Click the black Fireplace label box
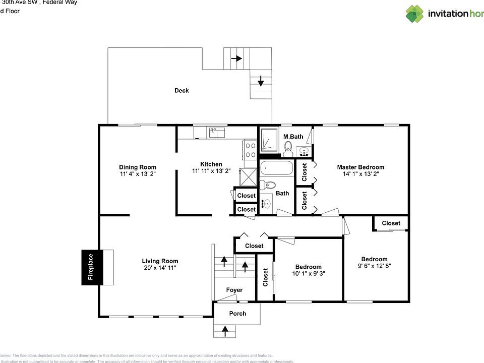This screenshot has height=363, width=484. (x=91, y=267)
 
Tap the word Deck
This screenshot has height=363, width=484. (x=181, y=91)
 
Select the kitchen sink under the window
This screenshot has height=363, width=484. (x=217, y=133)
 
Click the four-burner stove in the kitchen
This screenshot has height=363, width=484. (x=251, y=150)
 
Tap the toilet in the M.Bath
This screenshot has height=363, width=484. (x=288, y=146)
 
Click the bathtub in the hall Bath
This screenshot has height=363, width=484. (x=276, y=168)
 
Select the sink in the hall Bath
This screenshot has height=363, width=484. (x=267, y=204)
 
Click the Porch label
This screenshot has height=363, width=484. (x=237, y=314)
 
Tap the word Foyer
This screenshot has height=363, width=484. (x=234, y=290)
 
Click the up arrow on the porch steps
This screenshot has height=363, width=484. (x=225, y=331)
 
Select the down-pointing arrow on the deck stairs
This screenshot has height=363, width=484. (x=261, y=81)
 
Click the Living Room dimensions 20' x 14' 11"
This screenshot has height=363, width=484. (x=160, y=268)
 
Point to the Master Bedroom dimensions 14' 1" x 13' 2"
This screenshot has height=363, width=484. (x=360, y=174)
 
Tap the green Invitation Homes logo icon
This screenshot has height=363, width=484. (x=414, y=14)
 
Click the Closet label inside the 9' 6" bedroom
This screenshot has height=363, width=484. (x=391, y=223)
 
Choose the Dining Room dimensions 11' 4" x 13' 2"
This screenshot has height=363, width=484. (x=138, y=174)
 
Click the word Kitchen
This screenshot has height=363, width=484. (x=211, y=164)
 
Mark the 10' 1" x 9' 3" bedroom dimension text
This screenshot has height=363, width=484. (x=308, y=274)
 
